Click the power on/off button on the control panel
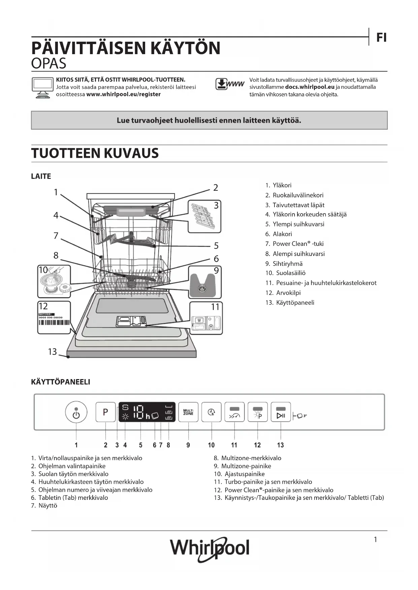point(76,412)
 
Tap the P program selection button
point(105,412)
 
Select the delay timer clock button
point(212,412)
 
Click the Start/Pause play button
point(281,412)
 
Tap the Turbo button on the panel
point(234,412)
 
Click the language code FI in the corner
point(381,38)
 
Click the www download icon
point(230,84)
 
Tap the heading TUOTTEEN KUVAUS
point(95,153)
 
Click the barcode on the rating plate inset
point(54,323)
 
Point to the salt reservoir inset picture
point(54,281)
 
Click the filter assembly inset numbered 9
point(204,282)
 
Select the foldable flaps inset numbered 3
point(204,216)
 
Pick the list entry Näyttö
point(47,506)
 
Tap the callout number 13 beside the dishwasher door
point(52,352)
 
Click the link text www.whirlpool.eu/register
point(123,95)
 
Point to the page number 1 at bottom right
point(375,540)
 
